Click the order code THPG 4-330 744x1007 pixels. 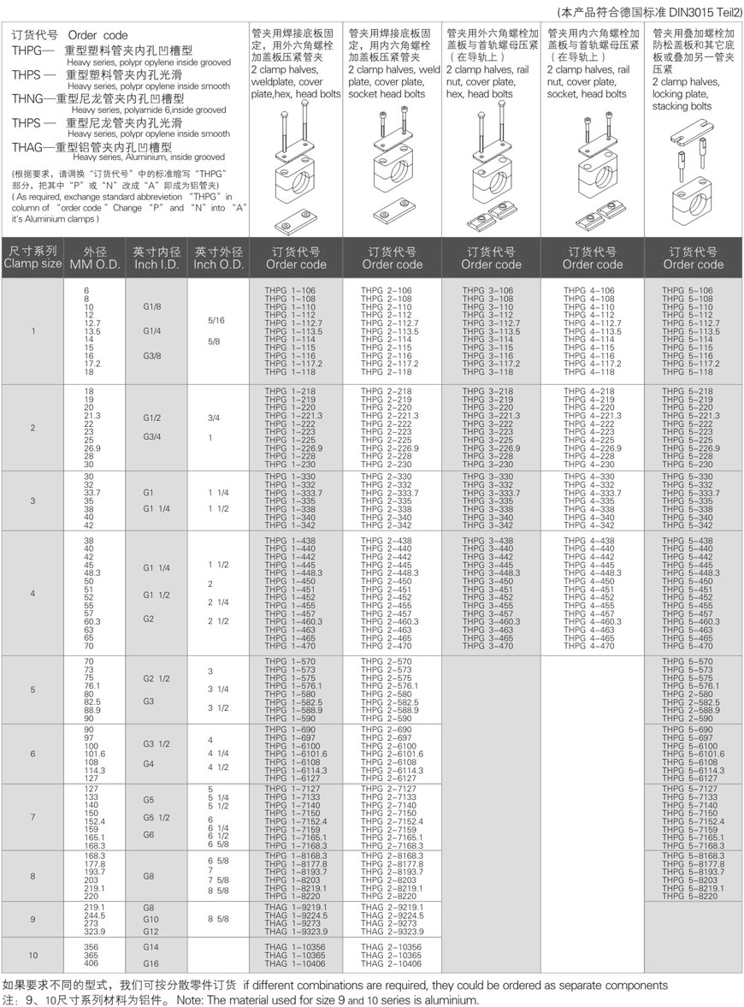point(589,477)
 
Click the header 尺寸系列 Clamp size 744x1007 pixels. point(32,258)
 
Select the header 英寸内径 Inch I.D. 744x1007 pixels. point(156,258)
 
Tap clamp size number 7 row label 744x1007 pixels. point(32,817)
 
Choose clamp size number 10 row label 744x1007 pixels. point(32,955)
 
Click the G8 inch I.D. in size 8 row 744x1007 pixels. point(149,876)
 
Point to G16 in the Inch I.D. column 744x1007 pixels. point(151,963)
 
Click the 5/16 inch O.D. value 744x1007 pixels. point(217,321)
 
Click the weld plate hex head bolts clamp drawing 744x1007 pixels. point(292,171)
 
